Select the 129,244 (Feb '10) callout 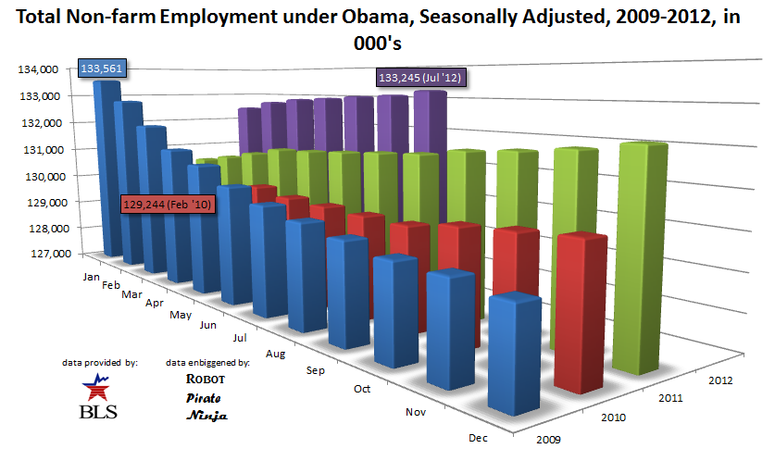[x=168, y=205]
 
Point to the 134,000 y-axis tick [x=41, y=69]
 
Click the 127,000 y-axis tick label [x=41, y=253]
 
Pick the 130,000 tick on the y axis [x=41, y=175]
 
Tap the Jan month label [x=91, y=276]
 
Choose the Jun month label [x=208, y=325]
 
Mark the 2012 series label [x=719, y=380]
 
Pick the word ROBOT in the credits [x=205, y=379]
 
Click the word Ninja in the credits [x=206, y=416]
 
